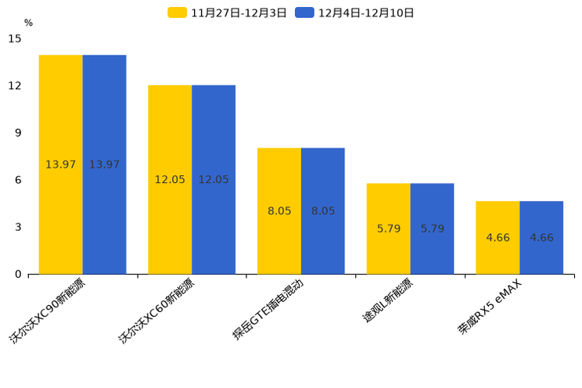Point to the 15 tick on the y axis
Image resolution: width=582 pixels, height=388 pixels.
(15, 38)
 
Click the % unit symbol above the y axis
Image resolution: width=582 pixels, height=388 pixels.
(28, 23)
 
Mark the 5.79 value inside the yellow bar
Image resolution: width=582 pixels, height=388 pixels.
(389, 229)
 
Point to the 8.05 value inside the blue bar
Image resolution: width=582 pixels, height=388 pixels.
(323, 211)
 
